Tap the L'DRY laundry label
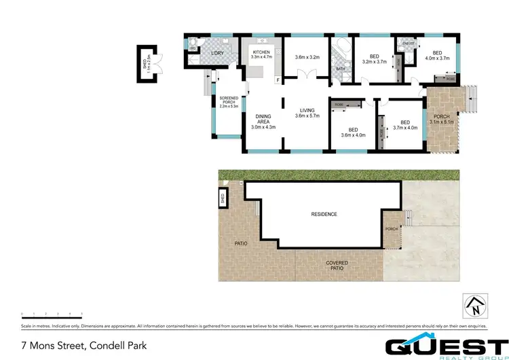pyautogui.click(x=218, y=53)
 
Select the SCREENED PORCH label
pyautogui.click(x=229, y=102)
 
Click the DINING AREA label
pyautogui.click(x=263, y=120)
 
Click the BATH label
pyautogui.click(x=340, y=69)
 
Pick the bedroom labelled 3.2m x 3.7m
pyautogui.click(x=373, y=59)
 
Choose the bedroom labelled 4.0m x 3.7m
pyautogui.click(x=438, y=56)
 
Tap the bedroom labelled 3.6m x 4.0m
pyautogui.click(x=353, y=132)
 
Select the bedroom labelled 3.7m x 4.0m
pyautogui.click(x=405, y=124)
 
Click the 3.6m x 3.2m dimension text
pyautogui.click(x=307, y=57)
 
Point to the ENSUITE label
pyautogui.click(x=408, y=43)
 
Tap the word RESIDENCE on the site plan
pyautogui.click(x=324, y=214)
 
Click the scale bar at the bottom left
pyautogui.click(x=52, y=314)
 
